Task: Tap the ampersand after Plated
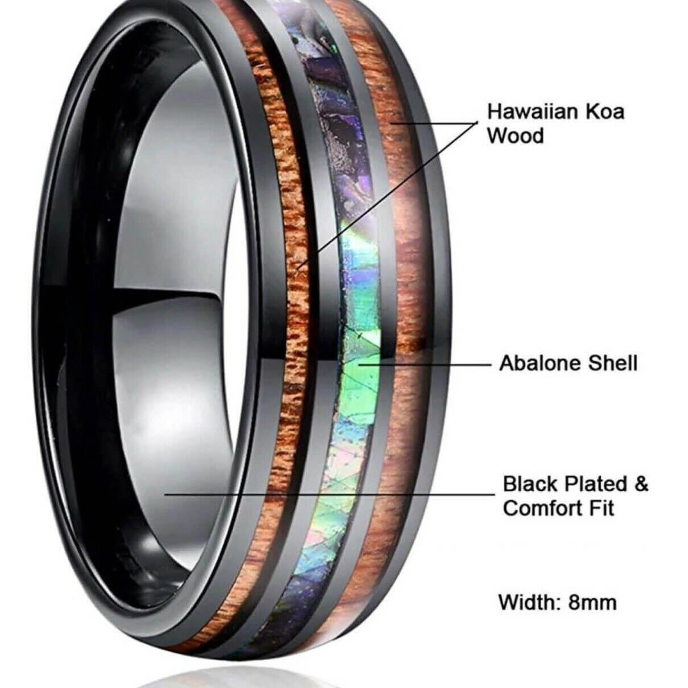(x=641, y=484)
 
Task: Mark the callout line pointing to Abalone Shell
(x=425, y=365)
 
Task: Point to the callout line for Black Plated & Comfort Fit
(x=329, y=495)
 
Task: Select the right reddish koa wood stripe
(x=405, y=286)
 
